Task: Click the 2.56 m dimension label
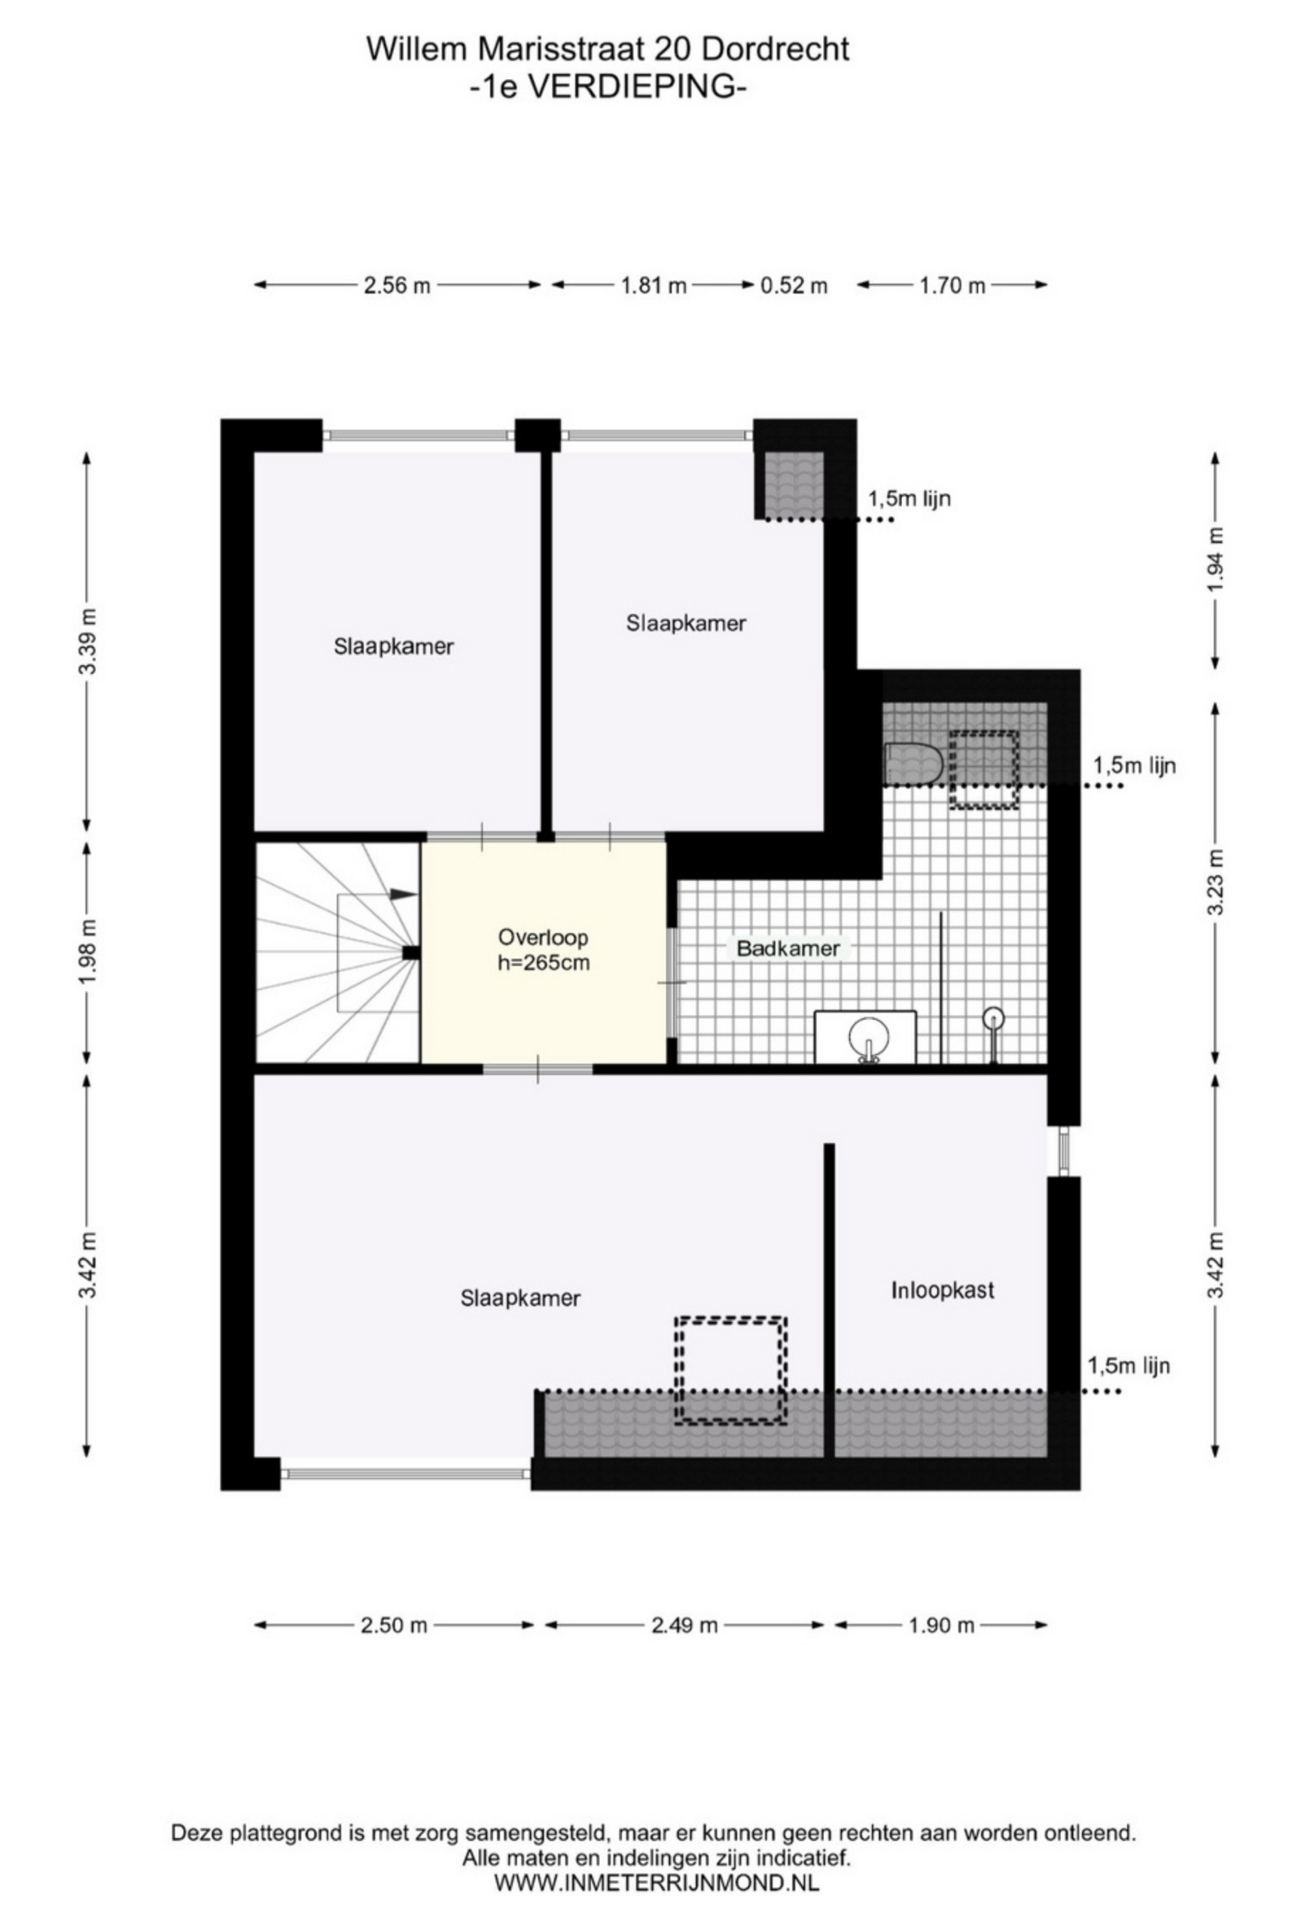396,286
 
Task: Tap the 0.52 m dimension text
794,286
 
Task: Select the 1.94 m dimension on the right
1216,560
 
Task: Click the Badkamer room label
788,949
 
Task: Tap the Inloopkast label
942,1290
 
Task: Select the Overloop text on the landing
543,937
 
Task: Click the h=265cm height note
543,963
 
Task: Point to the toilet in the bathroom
912,762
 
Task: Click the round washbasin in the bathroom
868,1038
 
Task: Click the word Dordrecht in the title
775,50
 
